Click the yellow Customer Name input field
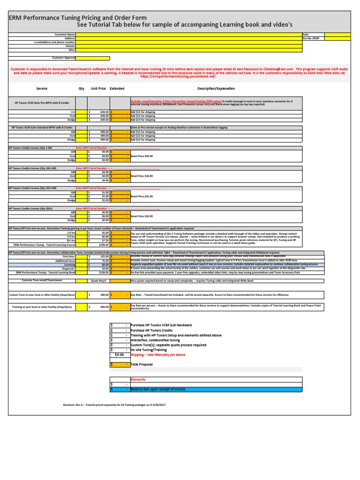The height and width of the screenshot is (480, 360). [x=187, y=35]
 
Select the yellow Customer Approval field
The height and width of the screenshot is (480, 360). [x=93, y=58]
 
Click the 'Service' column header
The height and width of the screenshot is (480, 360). [x=42, y=88]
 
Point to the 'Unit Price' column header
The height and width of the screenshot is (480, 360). [x=98, y=88]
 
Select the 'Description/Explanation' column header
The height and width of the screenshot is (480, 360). [x=216, y=88]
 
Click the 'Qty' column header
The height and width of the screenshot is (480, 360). [x=81, y=88]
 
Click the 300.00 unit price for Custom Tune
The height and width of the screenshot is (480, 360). [x=99, y=295]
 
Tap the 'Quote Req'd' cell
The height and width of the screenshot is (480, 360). [x=99, y=281]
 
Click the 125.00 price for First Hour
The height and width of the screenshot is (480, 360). [x=99, y=256]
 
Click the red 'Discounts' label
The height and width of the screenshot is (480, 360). [x=138, y=379]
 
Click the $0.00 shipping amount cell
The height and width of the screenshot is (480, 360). [x=119, y=355]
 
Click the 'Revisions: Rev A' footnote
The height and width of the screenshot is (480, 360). [x=115, y=405]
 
